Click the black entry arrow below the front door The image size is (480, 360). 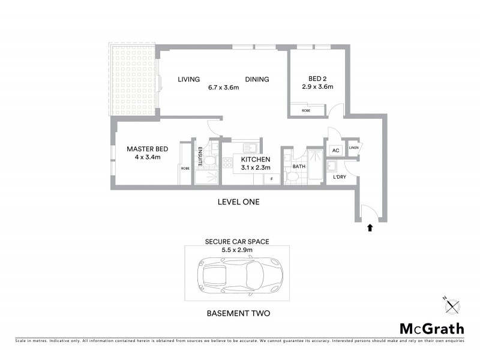coord(369,227)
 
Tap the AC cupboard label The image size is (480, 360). coord(335,150)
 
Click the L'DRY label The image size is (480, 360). coord(340,178)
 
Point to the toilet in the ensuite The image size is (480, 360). coord(207,160)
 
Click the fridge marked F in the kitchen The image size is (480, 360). coord(271,179)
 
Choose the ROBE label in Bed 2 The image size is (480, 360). coord(306,111)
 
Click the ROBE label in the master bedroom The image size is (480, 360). coord(185,168)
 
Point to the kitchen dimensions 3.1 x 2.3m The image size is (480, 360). coord(255,168)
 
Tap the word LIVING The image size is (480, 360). coord(188,79)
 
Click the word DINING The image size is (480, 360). coord(256,79)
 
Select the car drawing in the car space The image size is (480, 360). coord(237,277)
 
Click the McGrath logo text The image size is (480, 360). coord(431,328)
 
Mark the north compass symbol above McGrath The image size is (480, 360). coord(451,306)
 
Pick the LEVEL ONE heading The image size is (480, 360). coord(238,202)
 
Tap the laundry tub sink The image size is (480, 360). coord(332,166)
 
